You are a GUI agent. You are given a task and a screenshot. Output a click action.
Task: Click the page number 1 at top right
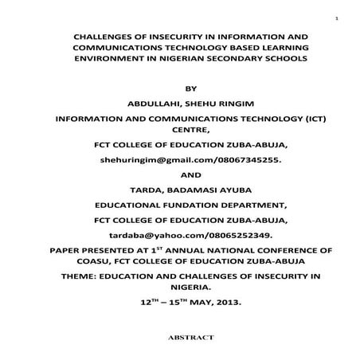(337, 18)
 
